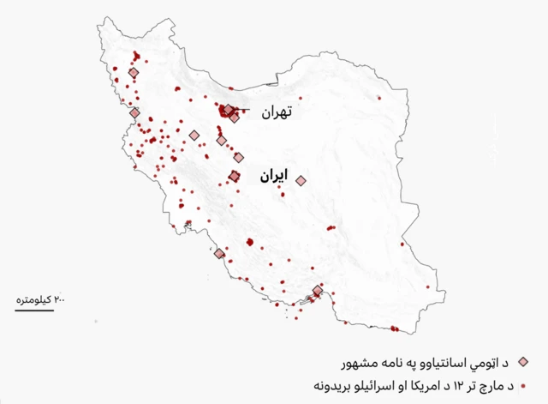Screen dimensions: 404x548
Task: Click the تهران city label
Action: pyautogui.click(x=277, y=112)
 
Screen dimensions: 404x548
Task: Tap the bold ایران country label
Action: pyautogui.click(x=271, y=178)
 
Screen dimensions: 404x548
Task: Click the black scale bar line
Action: pyautogui.click(x=34, y=309)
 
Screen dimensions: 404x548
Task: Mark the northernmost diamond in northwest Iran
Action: pyautogui.click(x=133, y=74)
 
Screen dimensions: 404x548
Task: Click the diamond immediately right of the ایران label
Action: pyautogui.click(x=301, y=180)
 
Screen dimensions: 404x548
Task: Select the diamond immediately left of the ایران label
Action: pyautogui.click(x=235, y=176)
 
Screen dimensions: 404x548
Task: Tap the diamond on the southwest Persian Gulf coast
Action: pyautogui.click(x=219, y=254)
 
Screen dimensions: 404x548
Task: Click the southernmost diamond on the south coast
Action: pyautogui.click(x=318, y=291)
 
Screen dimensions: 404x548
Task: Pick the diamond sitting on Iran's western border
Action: pyautogui.click(x=134, y=112)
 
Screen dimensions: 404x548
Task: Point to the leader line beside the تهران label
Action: pyautogui.click(x=246, y=110)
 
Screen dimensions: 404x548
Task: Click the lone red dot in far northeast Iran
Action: pyautogui.click(x=378, y=99)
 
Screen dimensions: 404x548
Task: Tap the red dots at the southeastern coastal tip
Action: pyautogui.click(x=394, y=329)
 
